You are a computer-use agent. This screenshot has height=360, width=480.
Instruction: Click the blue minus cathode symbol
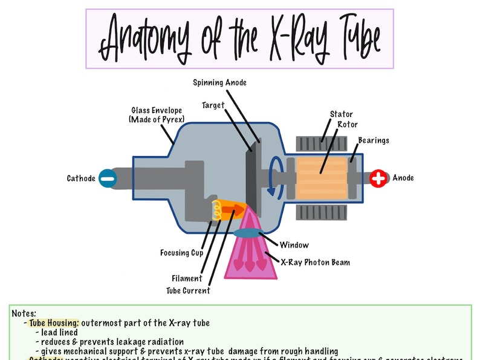click(107, 178)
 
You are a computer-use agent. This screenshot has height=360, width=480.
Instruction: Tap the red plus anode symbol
click(379, 178)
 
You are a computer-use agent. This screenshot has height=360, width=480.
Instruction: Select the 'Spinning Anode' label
click(219, 82)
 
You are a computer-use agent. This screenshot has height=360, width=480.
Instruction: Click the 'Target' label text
click(213, 105)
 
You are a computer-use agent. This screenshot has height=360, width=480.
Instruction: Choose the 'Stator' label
click(342, 114)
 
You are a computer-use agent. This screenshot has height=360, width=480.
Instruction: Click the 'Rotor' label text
click(348, 125)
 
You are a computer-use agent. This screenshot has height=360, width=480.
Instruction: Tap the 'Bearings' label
click(373, 140)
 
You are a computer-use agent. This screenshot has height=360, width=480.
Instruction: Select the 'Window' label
click(294, 245)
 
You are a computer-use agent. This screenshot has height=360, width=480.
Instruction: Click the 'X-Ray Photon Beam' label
click(315, 263)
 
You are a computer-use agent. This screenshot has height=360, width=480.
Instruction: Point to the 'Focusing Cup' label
click(181, 253)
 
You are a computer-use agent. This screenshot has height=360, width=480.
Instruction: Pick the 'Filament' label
click(186, 278)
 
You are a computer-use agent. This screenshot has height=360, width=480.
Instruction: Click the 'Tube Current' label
click(188, 290)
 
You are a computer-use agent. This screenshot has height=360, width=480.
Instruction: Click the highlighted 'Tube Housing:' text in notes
click(54, 323)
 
